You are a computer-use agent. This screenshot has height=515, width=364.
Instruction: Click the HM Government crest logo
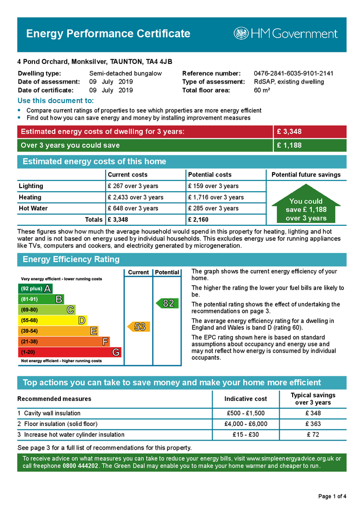click(241, 34)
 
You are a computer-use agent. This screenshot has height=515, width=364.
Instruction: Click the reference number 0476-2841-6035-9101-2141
click(293, 73)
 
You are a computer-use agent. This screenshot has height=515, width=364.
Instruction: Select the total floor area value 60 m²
click(262, 91)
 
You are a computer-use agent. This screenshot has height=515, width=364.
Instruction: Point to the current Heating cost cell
click(135, 197)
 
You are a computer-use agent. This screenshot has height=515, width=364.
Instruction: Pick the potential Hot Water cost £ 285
click(213, 208)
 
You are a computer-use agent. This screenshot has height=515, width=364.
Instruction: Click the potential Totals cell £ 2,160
click(198, 220)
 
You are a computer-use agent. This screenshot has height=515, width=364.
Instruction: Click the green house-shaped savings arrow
click(306, 207)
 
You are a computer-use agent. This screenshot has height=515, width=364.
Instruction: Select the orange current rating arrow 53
click(138, 327)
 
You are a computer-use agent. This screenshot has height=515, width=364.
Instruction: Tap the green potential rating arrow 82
click(166, 303)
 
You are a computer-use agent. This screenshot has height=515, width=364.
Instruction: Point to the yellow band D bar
click(52, 320)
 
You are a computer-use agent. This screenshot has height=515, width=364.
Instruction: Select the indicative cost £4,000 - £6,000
click(246, 424)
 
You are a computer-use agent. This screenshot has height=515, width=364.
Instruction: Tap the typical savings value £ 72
click(313, 435)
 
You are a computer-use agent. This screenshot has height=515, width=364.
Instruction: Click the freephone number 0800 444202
click(81, 466)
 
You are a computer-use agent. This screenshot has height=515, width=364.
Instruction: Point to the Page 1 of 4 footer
click(332, 496)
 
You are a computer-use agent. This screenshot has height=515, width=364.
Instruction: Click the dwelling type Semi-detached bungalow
click(125, 73)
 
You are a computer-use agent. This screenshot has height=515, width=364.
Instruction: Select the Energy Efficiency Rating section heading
click(71, 260)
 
